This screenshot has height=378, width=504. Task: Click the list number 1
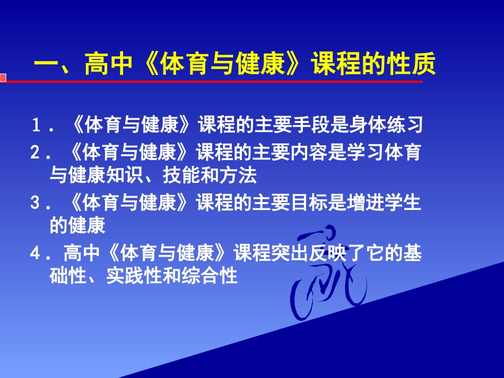coord(36,126)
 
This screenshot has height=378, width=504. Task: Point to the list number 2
coord(36,153)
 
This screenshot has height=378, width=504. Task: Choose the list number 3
coord(36,204)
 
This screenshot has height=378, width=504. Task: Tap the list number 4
coord(36,254)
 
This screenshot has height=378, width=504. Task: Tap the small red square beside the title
coord(3,78)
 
